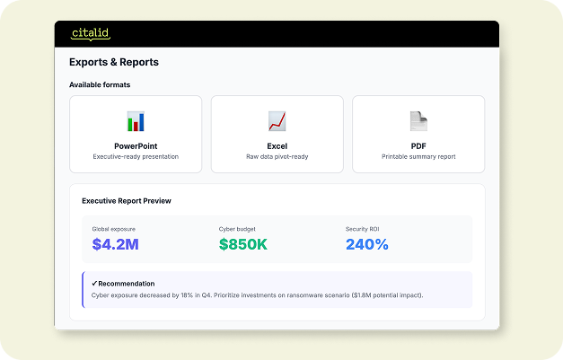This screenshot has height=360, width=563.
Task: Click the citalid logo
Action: coord(91,34)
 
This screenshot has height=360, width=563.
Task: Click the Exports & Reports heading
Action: coord(114,62)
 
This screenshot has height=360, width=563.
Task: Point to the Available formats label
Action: coord(100,84)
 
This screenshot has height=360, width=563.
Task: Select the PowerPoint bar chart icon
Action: coord(136,121)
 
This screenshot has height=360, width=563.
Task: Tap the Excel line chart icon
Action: coord(277,121)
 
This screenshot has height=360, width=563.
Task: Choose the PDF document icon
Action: coord(418,121)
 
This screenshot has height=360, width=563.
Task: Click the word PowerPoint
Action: coord(136,146)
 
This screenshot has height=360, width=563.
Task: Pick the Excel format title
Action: coord(277,146)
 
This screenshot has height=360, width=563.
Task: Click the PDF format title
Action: coord(418,146)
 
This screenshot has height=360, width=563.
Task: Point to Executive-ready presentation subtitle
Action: coord(136,156)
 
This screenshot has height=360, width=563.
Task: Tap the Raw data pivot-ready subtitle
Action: coord(277,156)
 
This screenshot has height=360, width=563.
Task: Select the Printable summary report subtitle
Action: coord(418,156)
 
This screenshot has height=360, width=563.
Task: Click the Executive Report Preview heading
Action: coord(127,201)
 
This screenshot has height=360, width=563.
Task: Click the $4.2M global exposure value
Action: coord(115,244)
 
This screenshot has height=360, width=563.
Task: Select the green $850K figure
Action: coord(243,244)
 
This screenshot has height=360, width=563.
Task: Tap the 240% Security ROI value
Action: coord(367,244)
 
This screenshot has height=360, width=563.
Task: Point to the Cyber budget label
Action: coord(237,229)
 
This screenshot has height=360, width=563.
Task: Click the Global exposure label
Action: coord(114,229)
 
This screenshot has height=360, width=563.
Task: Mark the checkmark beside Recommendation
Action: coord(94,283)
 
